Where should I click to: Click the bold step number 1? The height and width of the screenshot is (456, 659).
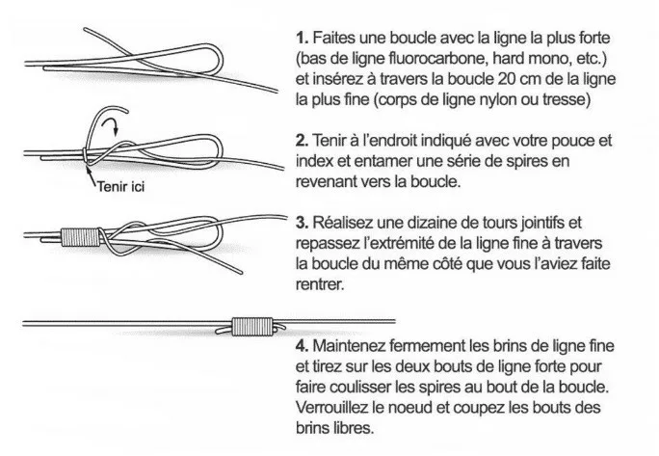pyautogui.click(x=303, y=38)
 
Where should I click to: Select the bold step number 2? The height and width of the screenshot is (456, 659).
pyautogui.click(x=303, y=141)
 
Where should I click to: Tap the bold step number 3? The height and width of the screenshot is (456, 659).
pyautogui.click(x=303, y=223)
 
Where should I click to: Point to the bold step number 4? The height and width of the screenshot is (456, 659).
pyautogui.click(x=303, y=346)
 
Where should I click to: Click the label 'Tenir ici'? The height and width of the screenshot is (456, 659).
pyautogui.click(x=121, y=186)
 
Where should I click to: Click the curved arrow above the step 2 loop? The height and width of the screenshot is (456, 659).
pyautogui.click(x=111, y=123)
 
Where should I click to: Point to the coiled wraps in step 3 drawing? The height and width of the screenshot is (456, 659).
pyautogui.click(x=81, y=237)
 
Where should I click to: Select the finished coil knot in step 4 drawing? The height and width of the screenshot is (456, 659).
pyautogui.click(x=252, y=327)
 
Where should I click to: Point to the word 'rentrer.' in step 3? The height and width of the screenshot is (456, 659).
pyautogui.click(x=320, y=285)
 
